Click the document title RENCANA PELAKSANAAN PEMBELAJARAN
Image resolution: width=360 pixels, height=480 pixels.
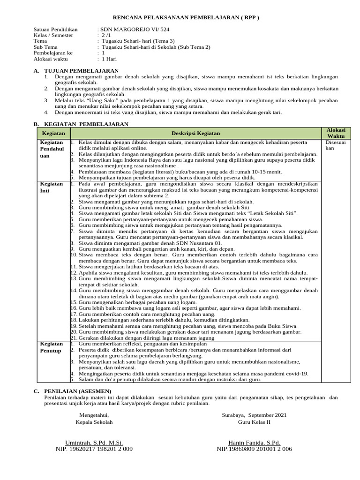[x=180, y=17]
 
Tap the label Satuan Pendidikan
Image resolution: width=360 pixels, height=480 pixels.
[x=56, y=29]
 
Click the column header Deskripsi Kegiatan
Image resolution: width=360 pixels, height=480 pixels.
[x=195, y=133]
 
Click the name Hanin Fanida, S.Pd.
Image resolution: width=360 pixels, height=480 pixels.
[x=254, y=442]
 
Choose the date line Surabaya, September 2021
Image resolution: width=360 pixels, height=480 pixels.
[x=254, y=415]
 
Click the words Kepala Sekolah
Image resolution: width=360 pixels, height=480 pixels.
[x=94, y=422]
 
